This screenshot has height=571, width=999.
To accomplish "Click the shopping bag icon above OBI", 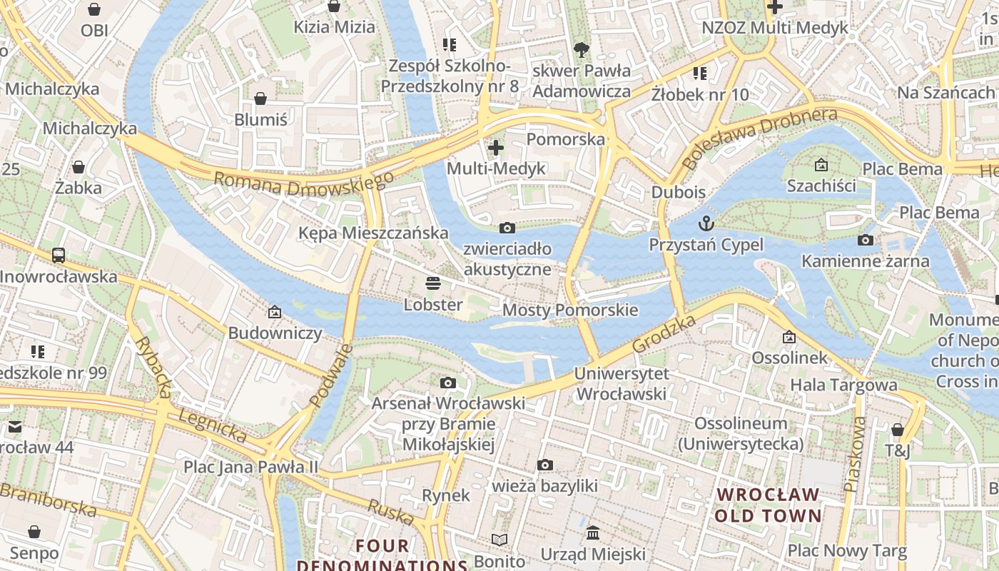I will click(94, 9).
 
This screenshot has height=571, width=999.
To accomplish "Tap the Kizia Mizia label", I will click(334, 27).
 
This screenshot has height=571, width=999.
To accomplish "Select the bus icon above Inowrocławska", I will click(59, 255).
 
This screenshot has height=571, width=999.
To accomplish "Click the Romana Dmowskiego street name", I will click(304, 185).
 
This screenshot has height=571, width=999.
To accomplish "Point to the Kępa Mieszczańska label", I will click(373, 233).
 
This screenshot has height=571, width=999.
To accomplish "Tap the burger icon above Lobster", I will click(433, 283).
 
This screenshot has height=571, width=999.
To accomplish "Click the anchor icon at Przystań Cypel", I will click(706, 223).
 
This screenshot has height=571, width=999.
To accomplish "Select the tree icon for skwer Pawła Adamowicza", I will click(582, 49).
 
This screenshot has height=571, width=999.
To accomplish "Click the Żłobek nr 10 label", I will click(700, 94).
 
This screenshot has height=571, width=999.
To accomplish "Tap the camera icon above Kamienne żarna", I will click(866, 240).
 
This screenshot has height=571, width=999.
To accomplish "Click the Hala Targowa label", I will click(843, 385).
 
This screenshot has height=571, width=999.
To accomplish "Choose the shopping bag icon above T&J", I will click(898, 430).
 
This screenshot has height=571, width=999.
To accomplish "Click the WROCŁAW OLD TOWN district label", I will click(768, 505).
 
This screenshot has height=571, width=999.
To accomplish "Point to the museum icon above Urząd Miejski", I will click(593, 533).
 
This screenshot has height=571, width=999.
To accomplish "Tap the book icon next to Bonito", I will click(500, 540).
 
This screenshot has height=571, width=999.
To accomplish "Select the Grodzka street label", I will click(664, 333).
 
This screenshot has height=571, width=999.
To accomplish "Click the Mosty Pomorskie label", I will click(570, 310).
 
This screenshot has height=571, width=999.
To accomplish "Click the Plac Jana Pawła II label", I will click(250, 467).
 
